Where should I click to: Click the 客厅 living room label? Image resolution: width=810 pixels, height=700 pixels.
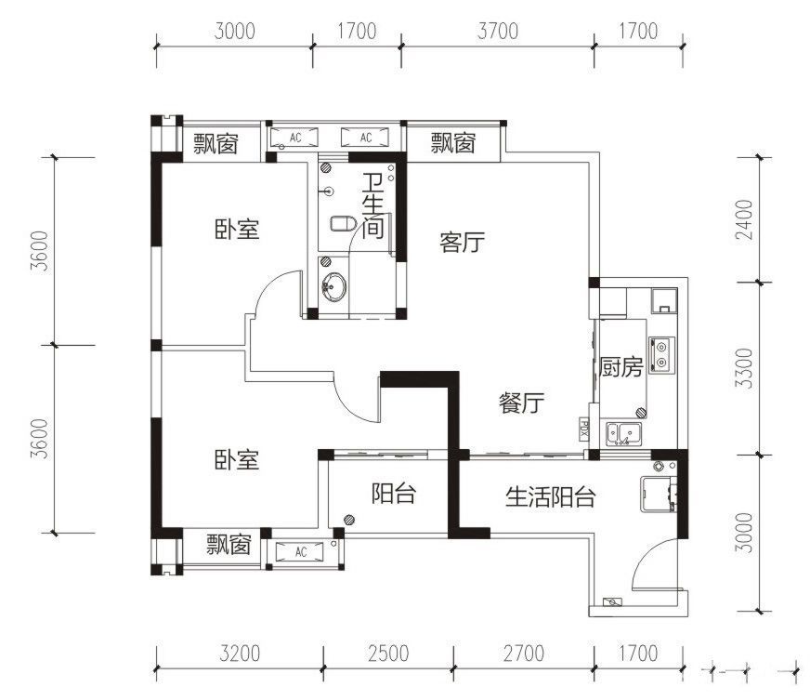pos(462,244)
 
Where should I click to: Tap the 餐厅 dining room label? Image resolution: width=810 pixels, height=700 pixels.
pos(521,403)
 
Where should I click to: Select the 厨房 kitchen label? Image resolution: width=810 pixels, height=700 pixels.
pos(621,367)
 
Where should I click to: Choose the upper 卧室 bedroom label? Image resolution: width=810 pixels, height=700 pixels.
pos(236,230)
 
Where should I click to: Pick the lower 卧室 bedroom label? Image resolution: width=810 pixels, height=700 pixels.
pos(236,459)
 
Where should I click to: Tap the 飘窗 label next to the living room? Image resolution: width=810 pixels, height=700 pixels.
pos(453,143)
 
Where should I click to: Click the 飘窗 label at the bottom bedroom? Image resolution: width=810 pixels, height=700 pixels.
pos(229,544)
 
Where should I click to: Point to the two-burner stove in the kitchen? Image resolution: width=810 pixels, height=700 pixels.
pos(662,353)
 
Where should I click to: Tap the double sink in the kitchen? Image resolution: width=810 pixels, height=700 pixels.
pos(621,432)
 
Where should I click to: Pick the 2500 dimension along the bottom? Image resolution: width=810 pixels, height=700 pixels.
pos(387,653)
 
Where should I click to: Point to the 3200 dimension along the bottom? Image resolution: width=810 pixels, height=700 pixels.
pos(240,653)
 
